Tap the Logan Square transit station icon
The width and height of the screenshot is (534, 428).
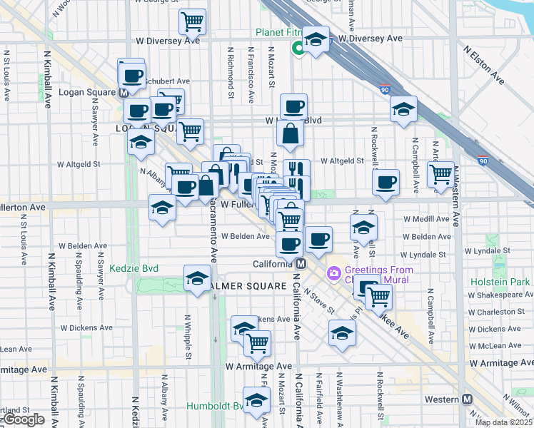(x=124, y=93)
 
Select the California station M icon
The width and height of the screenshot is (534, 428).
(x=301, y=264)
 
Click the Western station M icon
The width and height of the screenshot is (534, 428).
(x=468, y=399)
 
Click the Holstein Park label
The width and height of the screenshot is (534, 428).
(x=500, y=282)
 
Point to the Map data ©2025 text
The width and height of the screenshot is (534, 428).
(x=504, y=422)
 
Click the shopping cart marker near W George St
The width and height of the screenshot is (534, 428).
(x=192, y=22)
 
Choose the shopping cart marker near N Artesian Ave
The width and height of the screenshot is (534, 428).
(x=441, y=173)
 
